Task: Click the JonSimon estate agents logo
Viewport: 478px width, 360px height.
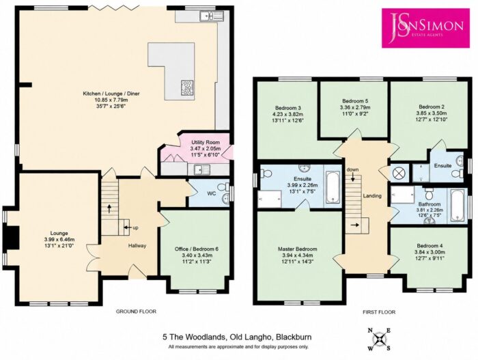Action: point(425,28)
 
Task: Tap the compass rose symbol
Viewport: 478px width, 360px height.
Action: point(379,340)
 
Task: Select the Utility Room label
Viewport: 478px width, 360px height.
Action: point(206,143)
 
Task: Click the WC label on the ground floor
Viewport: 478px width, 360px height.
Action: point(212,193)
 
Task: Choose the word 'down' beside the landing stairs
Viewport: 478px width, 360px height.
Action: point(353,169)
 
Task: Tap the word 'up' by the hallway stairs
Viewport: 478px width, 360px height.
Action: point(135,227)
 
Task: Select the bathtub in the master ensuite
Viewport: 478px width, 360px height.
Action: point(333,186)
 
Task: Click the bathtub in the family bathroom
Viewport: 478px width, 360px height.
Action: point(458,205)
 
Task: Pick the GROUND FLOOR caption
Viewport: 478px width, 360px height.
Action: point(136,311)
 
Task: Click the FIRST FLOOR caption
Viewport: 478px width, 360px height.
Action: point(379,312)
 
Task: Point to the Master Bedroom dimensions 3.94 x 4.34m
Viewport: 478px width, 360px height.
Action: point(296,255)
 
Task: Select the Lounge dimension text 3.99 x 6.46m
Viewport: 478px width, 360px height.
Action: point(59,239)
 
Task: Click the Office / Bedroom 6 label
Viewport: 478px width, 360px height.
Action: point(197,249)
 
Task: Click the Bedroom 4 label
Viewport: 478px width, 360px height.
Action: point(430,246)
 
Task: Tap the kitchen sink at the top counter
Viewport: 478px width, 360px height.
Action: point(212,15)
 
